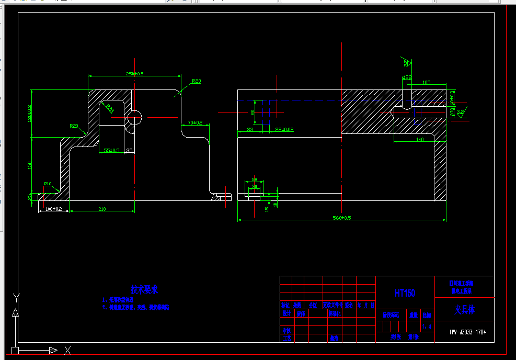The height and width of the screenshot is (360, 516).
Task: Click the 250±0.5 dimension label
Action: tap(134, 73)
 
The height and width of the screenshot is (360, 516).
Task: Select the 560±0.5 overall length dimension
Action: tap(343, 218)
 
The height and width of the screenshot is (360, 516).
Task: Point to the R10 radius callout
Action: tap(48, 184)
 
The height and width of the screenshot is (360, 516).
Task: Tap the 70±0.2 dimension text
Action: tap(195, 122)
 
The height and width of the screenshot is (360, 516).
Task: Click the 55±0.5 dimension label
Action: tap(111, 150)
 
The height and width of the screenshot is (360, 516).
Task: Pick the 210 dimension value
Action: tap(102, 209)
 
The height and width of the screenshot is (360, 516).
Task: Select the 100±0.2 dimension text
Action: tap(54, 209)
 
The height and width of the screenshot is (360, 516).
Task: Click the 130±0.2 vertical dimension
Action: tap(30, 114)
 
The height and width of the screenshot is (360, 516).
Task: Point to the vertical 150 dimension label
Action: tap(30, 165)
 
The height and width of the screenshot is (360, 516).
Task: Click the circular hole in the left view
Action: tap(134, 117)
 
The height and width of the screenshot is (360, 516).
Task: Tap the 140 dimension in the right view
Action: tap(419, 140)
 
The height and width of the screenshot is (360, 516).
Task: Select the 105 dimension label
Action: tap(426, 82)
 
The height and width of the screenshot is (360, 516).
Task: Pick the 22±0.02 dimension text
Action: tap(284, 129)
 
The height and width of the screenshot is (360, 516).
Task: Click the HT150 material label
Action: tap(405, 293)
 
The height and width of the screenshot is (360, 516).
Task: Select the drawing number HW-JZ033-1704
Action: tap(464, 332)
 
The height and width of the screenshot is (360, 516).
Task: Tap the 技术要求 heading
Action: tap(144, 289)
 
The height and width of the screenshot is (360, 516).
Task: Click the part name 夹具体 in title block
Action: tap(464, 310)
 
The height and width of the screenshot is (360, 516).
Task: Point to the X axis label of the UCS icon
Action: tap(67, 350)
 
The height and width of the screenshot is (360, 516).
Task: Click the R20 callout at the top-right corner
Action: tap(196, 81)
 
